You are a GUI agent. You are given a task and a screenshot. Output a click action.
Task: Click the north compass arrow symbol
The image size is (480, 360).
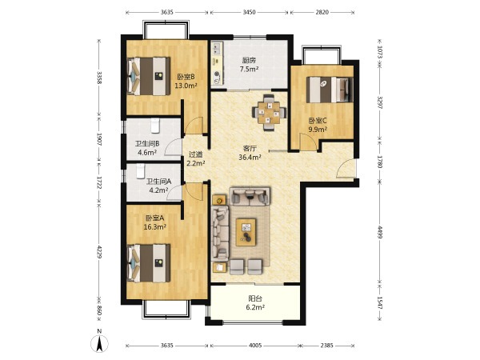click(99, 344)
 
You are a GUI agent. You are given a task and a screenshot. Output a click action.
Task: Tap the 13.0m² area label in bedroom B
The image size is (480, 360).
click(186, 86)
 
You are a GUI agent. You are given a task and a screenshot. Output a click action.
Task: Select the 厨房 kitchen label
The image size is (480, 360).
click(249, 60)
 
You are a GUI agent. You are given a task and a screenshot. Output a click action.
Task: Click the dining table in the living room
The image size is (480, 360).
click(269, 113)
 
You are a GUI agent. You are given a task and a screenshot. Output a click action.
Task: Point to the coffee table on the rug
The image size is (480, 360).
click(246, 232)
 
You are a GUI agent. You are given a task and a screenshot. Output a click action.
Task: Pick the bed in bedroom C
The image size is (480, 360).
click(330, 90)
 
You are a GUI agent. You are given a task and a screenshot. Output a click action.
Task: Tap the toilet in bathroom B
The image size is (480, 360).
click(155, 126)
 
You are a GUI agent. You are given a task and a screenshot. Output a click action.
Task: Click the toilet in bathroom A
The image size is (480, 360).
click(141, 171)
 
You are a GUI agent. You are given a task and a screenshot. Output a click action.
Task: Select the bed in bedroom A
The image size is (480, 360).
click(149, 262)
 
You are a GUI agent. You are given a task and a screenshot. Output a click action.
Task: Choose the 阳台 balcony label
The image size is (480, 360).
click(255, 298)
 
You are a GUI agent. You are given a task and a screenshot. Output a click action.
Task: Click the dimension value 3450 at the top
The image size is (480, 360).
click(249, 12)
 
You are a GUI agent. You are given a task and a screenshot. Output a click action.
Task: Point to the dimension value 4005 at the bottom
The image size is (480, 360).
click(255, 346)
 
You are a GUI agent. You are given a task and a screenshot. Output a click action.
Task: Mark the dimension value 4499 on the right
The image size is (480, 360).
click(379, 233)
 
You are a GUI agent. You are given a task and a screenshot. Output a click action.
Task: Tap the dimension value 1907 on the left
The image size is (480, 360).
click(99, 139)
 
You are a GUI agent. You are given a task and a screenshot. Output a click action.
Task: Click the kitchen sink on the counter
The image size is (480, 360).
click(217, 48)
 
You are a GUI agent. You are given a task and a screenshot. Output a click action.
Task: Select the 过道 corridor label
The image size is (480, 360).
click(195, 154)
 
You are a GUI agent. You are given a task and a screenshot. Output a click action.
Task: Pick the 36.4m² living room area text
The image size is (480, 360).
click(250, 158)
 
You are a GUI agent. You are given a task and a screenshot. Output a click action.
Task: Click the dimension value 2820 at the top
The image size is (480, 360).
click(322, 12)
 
